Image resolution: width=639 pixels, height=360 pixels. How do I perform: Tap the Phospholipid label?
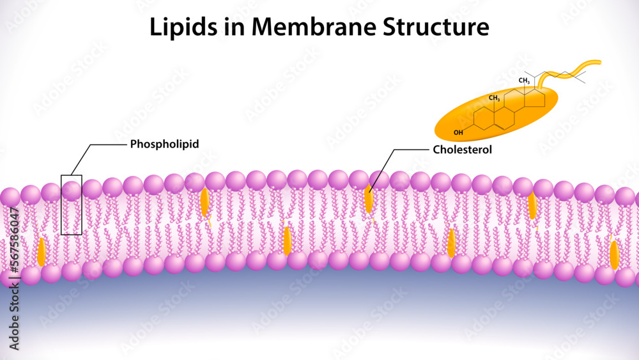(164, 144)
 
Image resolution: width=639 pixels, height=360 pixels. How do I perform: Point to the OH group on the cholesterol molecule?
(458, 133)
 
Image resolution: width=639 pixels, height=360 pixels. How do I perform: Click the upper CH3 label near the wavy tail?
(525, 81)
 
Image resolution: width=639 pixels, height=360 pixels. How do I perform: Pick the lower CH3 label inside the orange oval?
(494, 98)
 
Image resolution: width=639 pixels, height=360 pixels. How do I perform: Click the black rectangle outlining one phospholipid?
(62, 211)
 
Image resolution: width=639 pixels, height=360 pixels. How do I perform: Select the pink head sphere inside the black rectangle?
(71, 190)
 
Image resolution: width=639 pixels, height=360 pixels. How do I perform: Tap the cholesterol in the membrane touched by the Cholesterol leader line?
(369, 199)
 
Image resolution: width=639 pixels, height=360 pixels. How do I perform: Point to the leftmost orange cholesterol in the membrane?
(42, 252)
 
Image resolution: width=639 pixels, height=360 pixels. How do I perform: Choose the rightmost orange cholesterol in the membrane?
(614, 254)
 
